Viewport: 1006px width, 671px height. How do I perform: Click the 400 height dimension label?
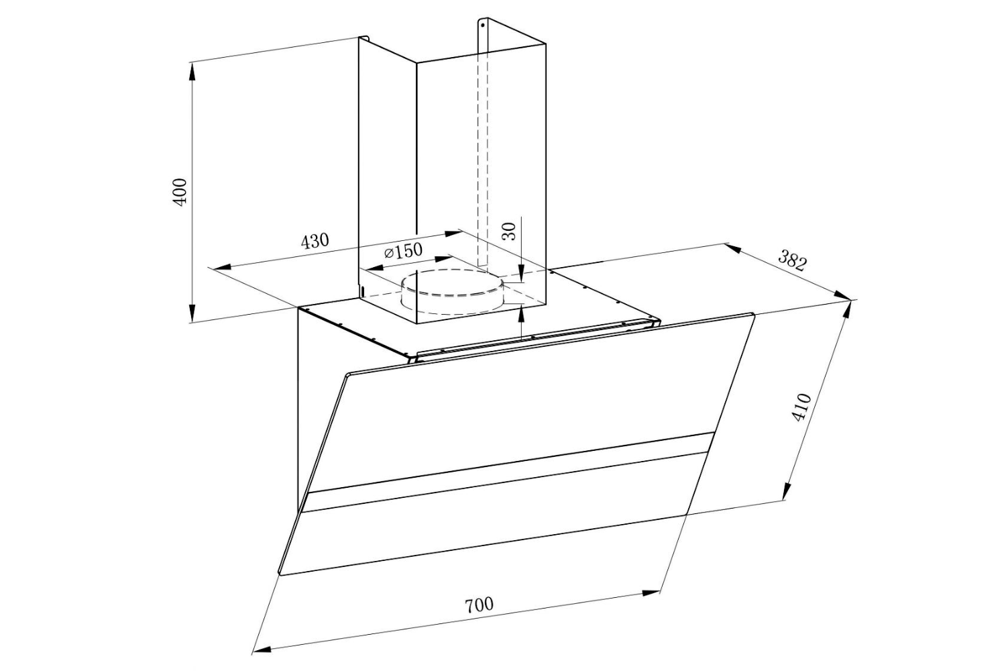(x=180, y=192)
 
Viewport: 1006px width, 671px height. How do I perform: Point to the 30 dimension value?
(x=509, y=231)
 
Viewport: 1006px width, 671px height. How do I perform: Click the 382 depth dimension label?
(x=792, y=260)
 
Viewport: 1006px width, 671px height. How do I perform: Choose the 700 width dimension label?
(x=479, y=604)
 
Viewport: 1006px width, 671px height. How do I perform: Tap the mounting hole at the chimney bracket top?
(x=482, y=25)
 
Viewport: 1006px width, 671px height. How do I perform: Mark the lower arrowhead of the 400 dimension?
(x=192, y=314)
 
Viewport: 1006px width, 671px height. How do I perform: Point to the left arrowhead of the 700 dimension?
(x=262, y=648)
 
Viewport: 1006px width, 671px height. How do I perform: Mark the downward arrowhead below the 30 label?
(x=522, y=272)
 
